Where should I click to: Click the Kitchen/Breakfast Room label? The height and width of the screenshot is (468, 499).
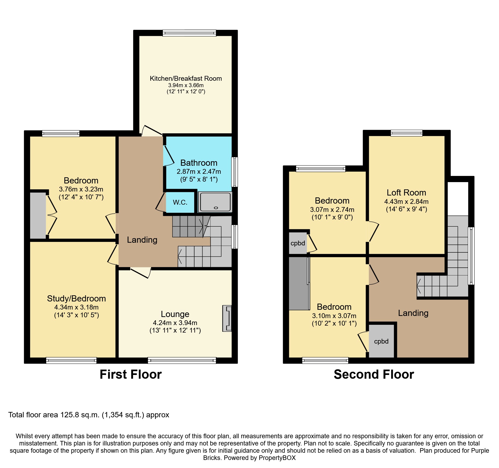[186, 79]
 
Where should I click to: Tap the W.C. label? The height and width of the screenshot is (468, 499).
[180, 202]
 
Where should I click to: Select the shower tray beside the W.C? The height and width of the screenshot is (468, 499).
[215, 202]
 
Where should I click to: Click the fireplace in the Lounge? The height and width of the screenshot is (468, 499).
[227, 318]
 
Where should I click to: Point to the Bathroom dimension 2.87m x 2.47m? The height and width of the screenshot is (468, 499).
[199, 172]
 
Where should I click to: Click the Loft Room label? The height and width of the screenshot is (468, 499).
[406, 193]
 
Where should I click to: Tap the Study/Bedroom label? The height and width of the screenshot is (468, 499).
[76, 299]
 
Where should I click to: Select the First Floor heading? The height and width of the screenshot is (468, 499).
[131, 374]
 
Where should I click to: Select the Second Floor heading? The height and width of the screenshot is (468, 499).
[374, 374]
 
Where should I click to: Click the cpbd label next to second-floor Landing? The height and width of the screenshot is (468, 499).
[381, 341]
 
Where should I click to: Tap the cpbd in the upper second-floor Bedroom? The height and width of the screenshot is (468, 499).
[298, 243]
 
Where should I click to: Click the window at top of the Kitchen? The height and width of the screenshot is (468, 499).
[189, 33]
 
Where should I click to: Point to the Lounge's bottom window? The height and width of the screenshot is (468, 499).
[182, 360]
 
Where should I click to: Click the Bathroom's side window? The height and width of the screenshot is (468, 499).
[234, 172]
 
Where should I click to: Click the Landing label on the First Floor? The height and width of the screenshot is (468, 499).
[142, 240]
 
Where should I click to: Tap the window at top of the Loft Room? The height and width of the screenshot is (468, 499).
[406, 133]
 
